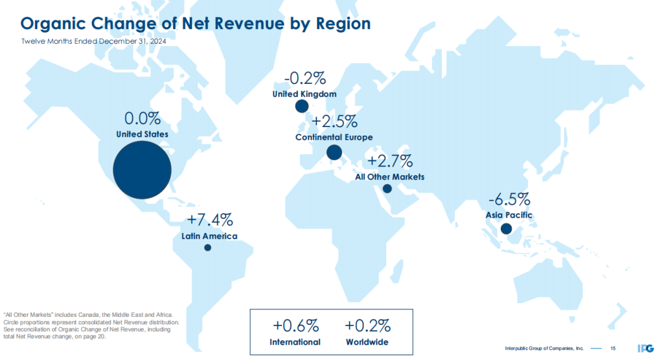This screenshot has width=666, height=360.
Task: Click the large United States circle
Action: point(142,170)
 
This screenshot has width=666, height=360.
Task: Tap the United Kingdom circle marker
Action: point(302,106)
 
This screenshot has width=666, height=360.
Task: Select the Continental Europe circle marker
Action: point(334,152)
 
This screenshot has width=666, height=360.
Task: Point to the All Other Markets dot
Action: point(387,189)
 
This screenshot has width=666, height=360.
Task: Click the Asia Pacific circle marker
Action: point(506,229)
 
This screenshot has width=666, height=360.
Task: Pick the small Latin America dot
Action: point(208,248)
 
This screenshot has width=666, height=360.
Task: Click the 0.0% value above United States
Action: point(142,118)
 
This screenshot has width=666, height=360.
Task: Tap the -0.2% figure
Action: point(305,78)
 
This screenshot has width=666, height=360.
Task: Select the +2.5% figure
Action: point(335,121)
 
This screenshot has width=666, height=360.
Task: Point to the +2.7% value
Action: point(390,161)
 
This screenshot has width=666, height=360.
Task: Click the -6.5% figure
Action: point(509,199)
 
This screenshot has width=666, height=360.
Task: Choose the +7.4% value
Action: point(210,220)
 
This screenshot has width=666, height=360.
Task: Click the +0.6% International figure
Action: point(295,325)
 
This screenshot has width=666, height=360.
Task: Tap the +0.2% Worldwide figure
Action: point(368,325)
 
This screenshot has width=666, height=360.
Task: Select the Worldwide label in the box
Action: point(368,342)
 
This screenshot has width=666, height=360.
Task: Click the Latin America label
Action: point(210,236)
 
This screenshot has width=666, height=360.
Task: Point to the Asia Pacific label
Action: point(509,215)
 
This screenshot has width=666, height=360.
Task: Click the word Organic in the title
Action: point(52,24)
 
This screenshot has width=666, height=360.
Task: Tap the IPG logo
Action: point(646,348)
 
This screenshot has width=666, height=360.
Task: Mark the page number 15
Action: point(613,348)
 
